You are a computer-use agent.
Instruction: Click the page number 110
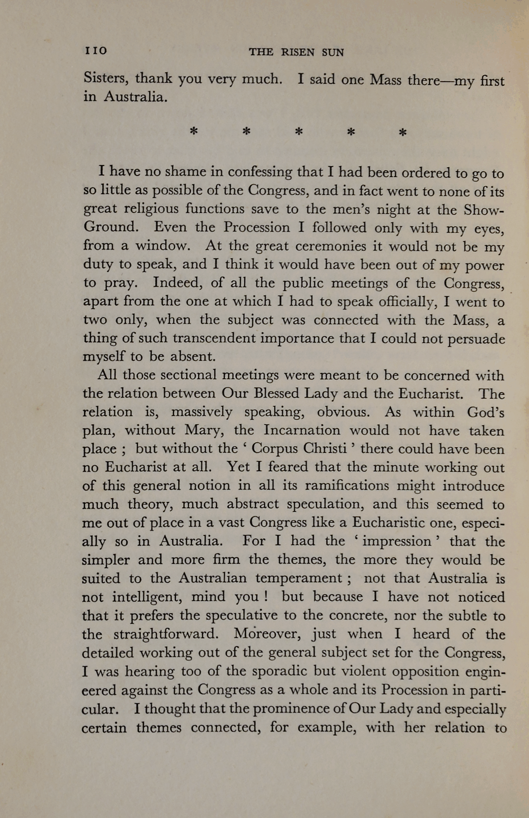pos(96,51)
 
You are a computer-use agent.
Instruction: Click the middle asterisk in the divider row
pos(299,132)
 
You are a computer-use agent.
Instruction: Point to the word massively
pos(202,412)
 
